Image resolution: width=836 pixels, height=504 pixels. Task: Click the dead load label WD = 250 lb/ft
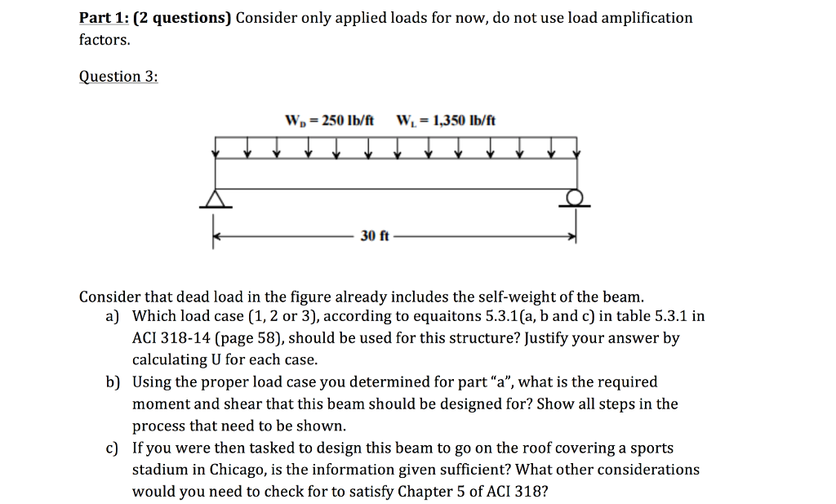[x=328, y=121]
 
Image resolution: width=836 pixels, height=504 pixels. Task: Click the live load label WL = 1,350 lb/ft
[x=445, y=121]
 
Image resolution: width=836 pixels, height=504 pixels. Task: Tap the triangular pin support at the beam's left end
[x=216, y=198]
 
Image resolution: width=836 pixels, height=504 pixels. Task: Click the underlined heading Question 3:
[x=118, y=77]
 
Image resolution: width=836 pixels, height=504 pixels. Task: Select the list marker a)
[x=112, y=316]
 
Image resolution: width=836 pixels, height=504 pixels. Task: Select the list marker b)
[x=112, y=382]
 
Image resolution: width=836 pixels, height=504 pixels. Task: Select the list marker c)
[x=112, y=448]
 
